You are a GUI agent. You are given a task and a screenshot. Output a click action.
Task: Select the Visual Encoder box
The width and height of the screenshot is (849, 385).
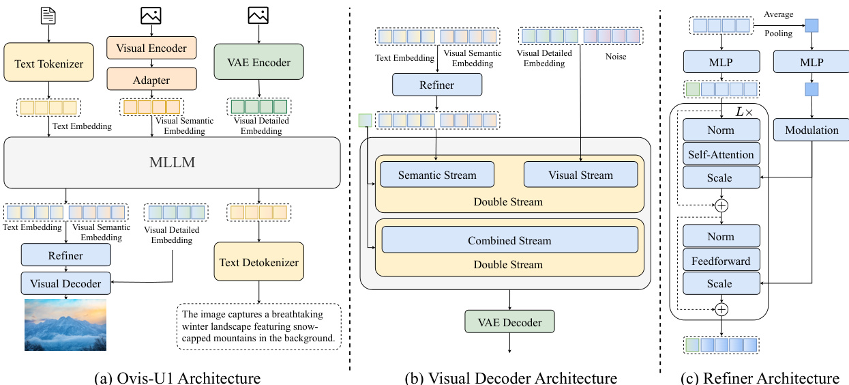point(151,48)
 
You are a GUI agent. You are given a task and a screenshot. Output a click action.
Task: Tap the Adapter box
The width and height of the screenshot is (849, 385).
point(151,80)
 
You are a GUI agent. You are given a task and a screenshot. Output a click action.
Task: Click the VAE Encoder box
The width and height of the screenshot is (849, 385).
point(259,62)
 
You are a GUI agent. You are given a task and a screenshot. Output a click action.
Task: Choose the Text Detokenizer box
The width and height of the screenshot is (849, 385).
point(259,262)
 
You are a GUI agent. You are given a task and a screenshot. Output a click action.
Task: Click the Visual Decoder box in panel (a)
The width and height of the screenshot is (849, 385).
point(65,283)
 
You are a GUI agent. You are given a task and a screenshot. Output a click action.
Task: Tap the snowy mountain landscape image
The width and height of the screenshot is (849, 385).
point(65,324)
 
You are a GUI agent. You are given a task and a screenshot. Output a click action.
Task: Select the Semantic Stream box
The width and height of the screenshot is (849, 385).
point(437,175)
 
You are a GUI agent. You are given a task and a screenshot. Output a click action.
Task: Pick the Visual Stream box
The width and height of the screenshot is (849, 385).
point(580,175)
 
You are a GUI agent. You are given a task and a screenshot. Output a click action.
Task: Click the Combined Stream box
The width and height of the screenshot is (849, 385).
point(509,240)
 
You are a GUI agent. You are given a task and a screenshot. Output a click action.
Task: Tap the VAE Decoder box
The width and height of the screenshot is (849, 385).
point(509,322)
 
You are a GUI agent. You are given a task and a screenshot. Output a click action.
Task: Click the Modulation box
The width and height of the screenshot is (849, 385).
point(811,130)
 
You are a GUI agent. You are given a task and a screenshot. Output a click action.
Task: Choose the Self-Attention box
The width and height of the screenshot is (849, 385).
point(721,154)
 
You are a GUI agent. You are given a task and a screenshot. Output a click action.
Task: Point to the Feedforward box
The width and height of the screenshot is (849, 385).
point(721,260)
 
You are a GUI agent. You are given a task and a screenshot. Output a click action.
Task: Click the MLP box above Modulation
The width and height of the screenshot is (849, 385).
point(811,62)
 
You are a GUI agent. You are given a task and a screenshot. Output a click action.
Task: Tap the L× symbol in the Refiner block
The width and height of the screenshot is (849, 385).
point(744,110)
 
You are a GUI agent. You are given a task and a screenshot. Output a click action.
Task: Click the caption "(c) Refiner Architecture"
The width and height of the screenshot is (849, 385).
point(759,377)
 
